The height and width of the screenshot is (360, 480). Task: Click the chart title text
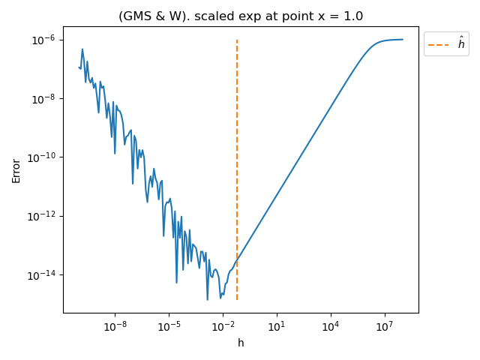pos(241,16)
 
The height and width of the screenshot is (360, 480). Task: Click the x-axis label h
pos(241,343)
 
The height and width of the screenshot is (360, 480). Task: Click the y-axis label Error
pos(16,170)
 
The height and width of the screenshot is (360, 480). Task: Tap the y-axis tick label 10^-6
pos(43,40)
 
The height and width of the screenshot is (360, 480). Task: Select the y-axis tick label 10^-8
pos(43,98)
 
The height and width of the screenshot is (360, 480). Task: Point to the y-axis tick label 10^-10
pos(42,157)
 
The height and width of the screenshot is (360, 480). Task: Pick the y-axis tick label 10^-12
pos(42,216)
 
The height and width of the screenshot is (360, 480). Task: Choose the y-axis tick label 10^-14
pos(42,275)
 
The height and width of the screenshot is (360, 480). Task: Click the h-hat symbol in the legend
pos(461,44)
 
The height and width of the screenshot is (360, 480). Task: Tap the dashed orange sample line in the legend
pos(439,45)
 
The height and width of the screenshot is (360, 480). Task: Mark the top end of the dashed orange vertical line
pos(237,40)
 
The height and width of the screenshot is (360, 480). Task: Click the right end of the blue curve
pos(403,40)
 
